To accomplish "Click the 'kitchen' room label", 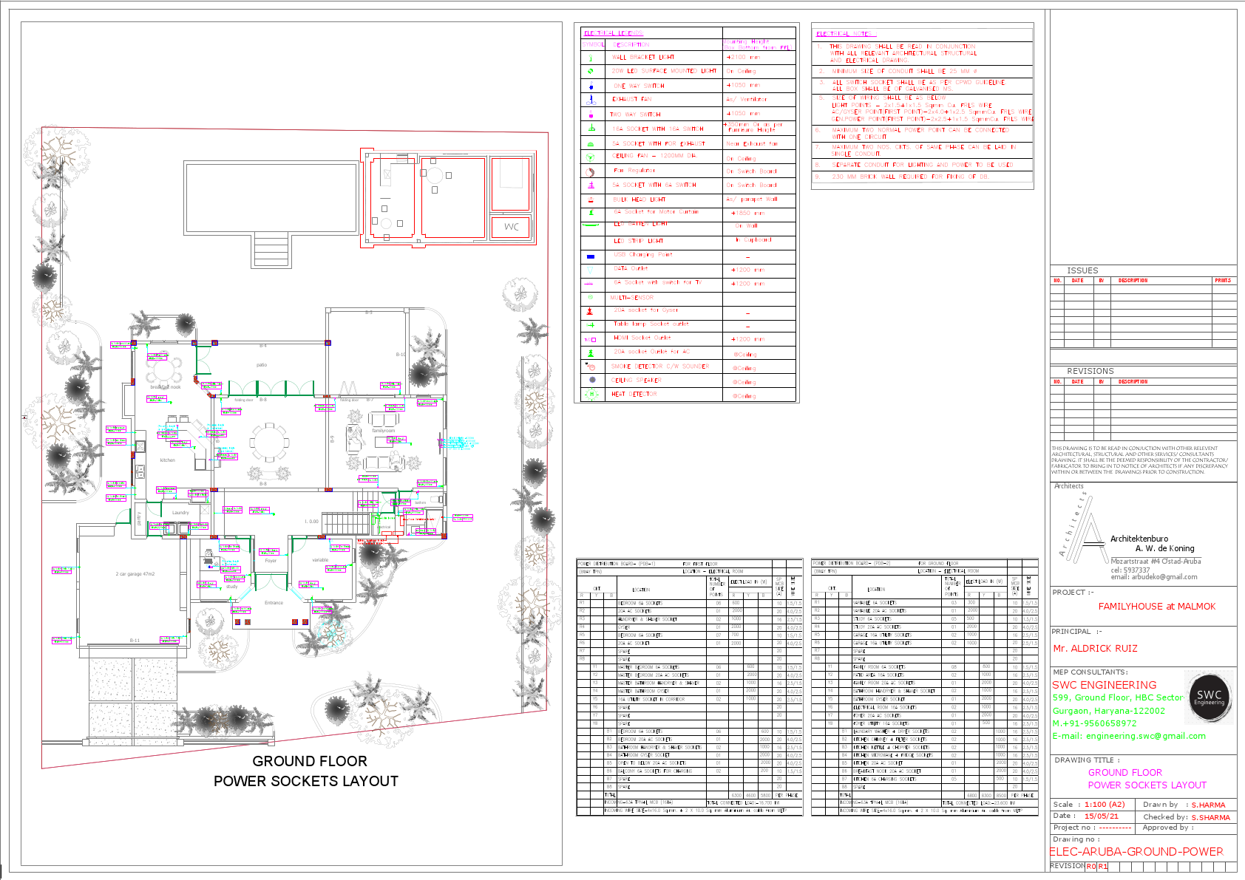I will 168,460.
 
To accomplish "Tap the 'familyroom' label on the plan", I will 383,431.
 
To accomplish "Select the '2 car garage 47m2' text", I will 135,573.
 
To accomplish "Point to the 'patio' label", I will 262,365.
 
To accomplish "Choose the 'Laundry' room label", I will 180,512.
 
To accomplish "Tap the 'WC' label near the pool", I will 512,227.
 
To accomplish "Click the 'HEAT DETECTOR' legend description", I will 634,395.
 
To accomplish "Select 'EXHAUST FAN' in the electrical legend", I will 632,99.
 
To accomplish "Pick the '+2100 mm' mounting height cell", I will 742,57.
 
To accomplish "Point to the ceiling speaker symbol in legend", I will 591,380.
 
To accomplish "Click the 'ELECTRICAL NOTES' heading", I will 843,34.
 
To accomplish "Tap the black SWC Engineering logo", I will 1209,697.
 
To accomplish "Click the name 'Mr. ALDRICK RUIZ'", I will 1095,649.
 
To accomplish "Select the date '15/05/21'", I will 1101,816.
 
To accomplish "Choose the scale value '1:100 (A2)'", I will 1105,805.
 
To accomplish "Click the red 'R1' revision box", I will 1103,867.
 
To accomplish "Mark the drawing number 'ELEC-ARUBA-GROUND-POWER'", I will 1136,852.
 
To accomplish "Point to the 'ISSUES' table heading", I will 1082,270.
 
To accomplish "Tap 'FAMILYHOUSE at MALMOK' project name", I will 1156,607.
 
